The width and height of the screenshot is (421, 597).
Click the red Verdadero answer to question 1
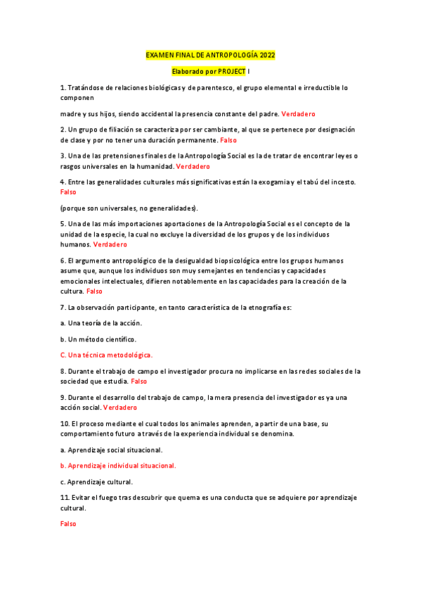(298, 113)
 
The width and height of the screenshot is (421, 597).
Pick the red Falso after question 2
(228, 141)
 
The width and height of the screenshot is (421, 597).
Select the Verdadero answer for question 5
(110, 244)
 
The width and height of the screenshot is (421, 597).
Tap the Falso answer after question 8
(138, 381)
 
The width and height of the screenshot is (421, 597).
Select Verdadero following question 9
(120, 407)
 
